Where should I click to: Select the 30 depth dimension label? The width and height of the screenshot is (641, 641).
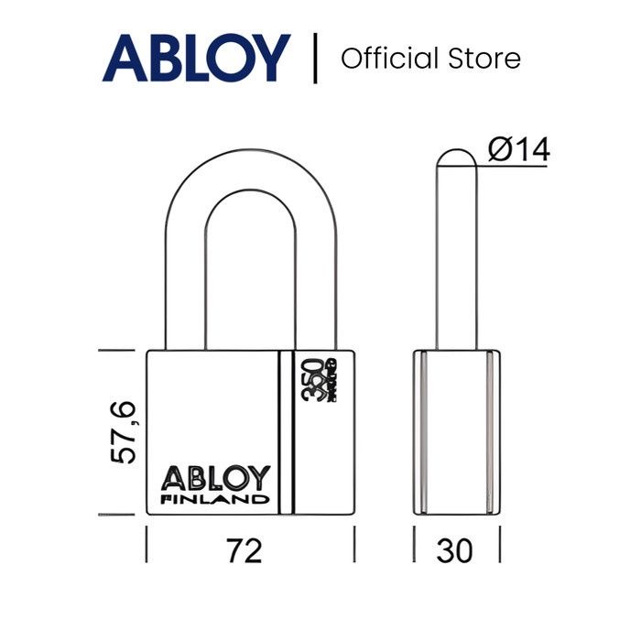[455, 550]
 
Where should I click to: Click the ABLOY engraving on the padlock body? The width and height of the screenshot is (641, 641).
[216, 478]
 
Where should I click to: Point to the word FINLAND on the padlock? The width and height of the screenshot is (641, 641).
[216, 500]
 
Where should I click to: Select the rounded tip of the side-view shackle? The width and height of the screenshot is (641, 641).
[455, 160]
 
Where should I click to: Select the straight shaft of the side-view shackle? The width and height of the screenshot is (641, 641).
[455, 266]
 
